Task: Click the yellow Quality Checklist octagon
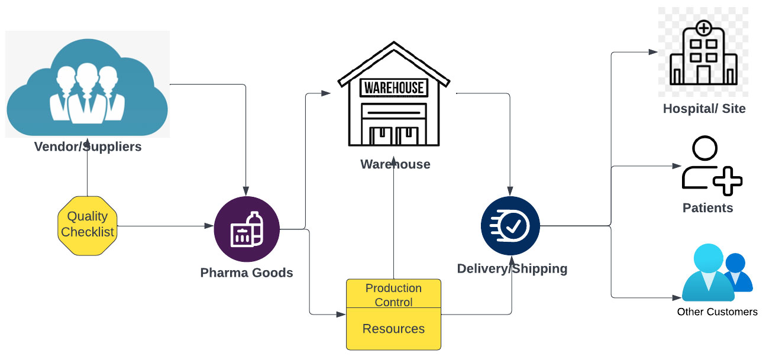click(87, 225)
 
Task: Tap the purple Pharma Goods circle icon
click(246, 229)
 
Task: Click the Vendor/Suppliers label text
click(88, 147)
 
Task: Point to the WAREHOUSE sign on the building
click(394, 88)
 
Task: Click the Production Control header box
click(393, 294)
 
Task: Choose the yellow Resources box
click(393, 329)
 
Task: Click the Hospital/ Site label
click(704, 109)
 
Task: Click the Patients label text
click(707, 208)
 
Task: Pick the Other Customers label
click(717, 312)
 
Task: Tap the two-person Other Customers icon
click(716, 276)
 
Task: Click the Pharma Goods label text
click(247, 273)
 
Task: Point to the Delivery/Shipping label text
click(512, 269)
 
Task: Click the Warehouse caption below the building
click(395, 164)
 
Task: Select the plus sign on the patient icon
click(727, 180)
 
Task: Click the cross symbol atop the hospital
click(703, 27)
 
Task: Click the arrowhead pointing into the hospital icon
click(653, 52)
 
